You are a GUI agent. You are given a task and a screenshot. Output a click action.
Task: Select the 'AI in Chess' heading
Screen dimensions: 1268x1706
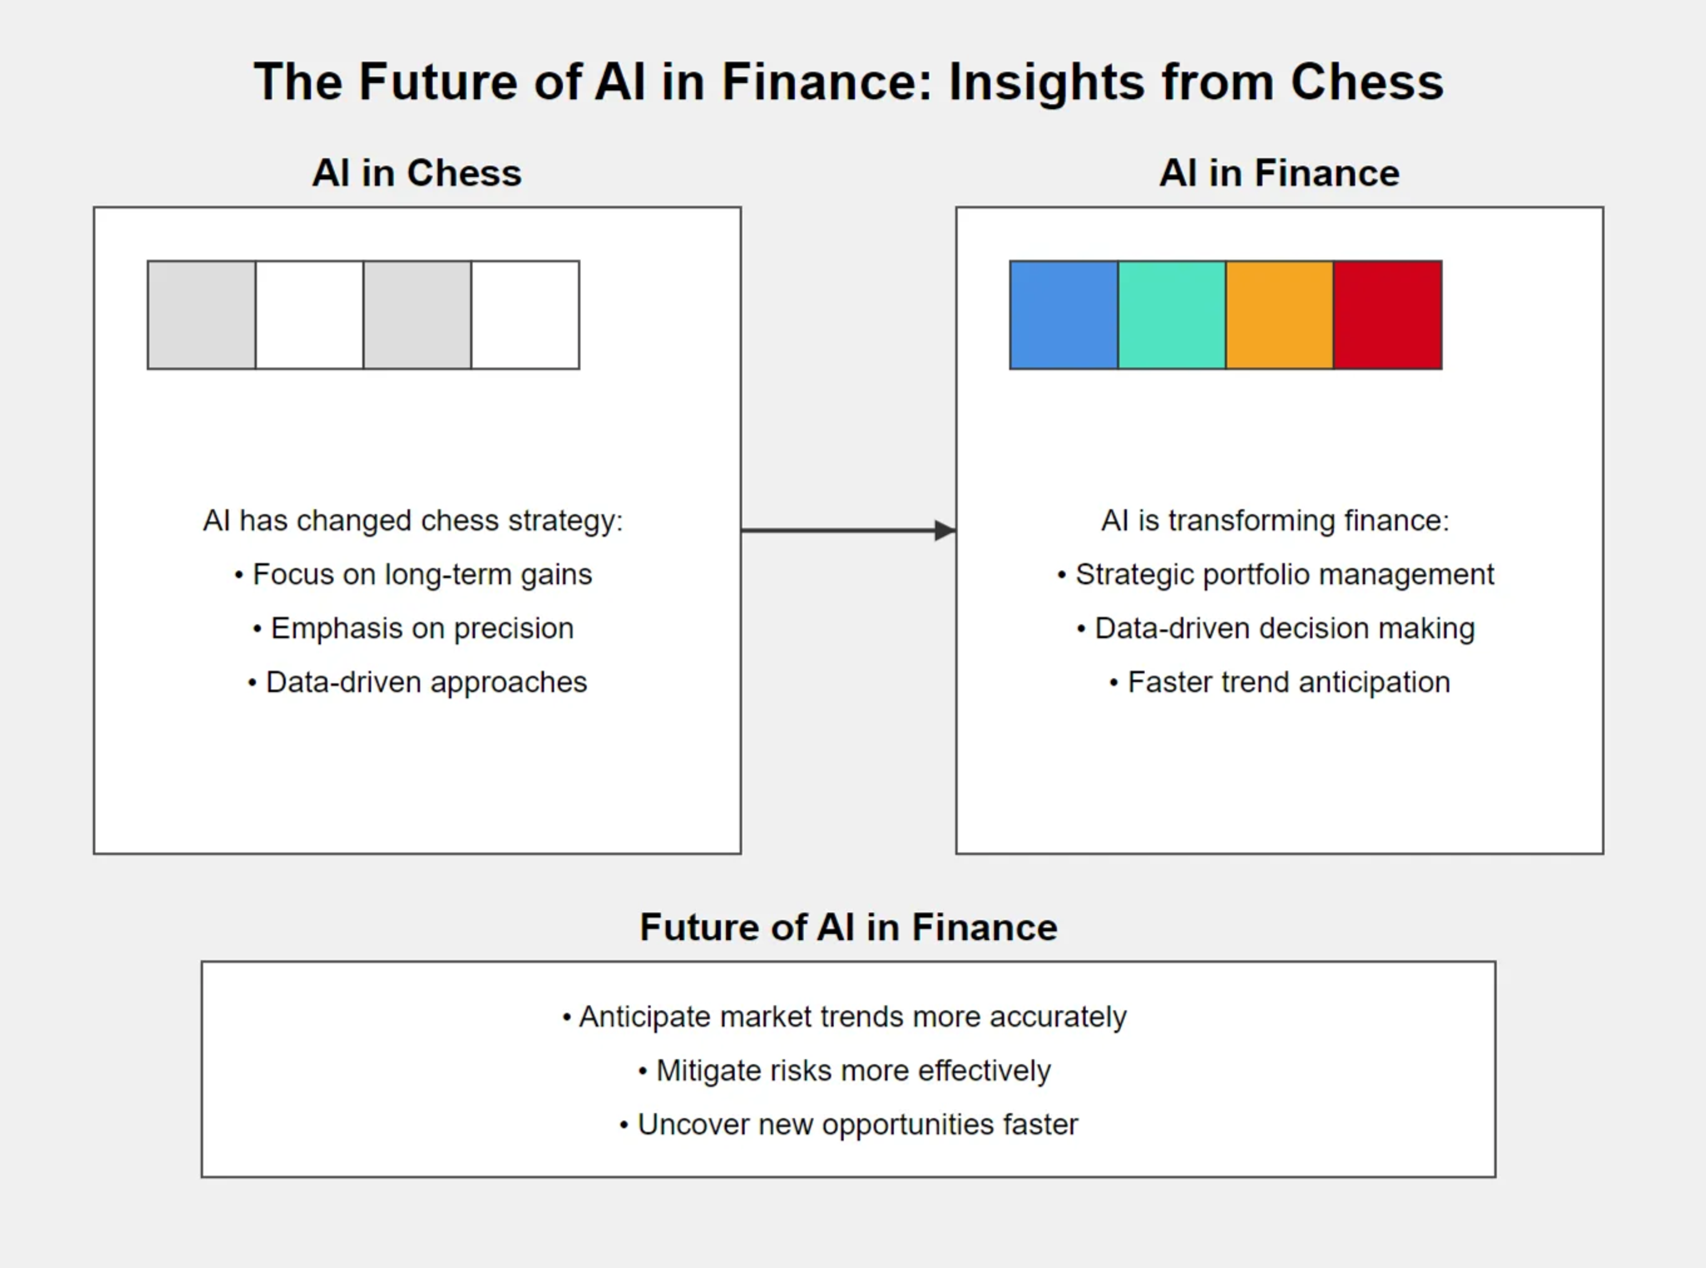[x=417, y=173]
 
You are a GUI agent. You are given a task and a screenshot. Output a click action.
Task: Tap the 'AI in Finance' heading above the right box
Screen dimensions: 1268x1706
[x=1279, y=173]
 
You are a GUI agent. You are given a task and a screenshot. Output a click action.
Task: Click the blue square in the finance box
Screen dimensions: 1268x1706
[x=1064, y=315]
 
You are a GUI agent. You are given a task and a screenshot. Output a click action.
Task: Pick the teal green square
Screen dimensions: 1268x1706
[x=1172, y=315]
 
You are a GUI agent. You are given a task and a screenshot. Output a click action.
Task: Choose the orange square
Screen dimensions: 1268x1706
[x=1279, y=315]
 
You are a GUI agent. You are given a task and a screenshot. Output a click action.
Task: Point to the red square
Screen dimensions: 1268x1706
[x=1387, y=315]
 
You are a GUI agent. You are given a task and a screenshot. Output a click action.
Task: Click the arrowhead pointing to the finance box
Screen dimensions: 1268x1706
[x=945, y=529]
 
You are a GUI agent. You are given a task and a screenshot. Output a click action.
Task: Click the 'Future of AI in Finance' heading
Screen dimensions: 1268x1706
[x=849, y=927]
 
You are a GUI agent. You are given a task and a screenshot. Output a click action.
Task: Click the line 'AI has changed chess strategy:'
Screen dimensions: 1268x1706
[x=413, y=521]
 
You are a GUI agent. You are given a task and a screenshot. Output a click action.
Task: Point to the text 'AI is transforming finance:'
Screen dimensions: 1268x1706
[x=1275, y=521]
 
